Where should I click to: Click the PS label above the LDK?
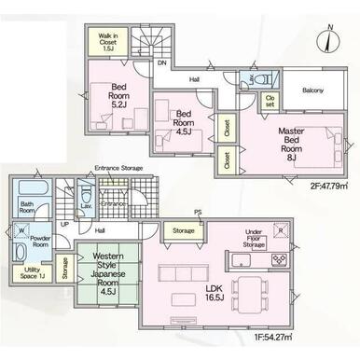tap(197, 213)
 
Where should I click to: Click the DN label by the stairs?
tap(161, 63)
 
